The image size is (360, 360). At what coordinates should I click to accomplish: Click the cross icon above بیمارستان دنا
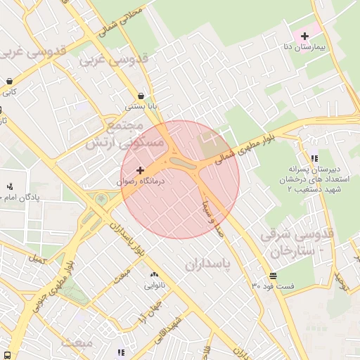click(x=304, y=35)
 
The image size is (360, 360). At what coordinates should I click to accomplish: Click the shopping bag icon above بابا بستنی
click(x=141, y=96)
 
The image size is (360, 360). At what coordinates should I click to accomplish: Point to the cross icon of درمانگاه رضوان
click(x=140, y=170)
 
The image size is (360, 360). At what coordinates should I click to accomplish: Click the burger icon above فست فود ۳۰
click(x=272, y=275)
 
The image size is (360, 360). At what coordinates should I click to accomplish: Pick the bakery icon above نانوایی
click(x=154, y=274)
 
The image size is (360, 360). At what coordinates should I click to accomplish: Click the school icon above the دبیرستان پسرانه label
click(x=313, y=158)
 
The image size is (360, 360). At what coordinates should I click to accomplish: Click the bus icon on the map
click(x=6, y=355)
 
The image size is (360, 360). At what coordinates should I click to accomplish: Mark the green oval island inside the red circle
click(x=183, y=164)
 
